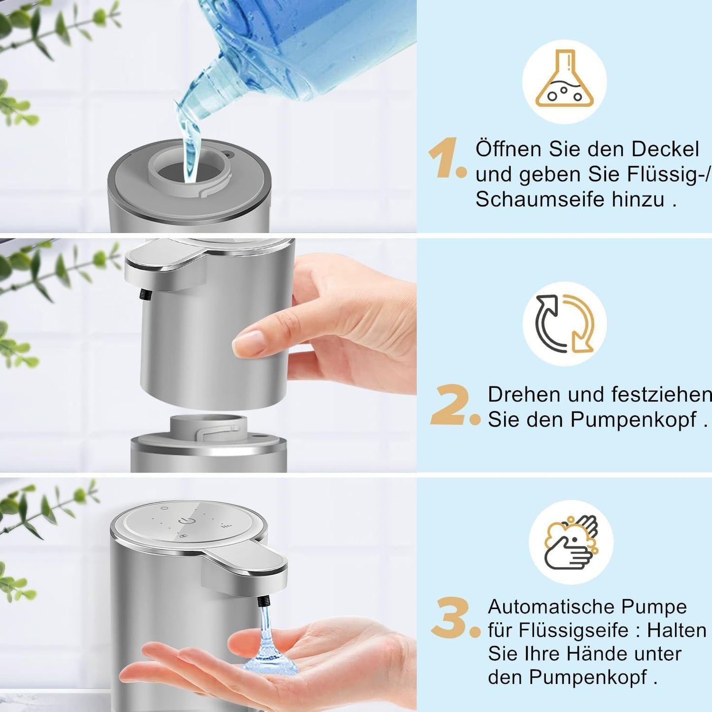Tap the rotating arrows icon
pyautogui.click(x=565, y=324)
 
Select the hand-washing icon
pyautogui.click(x=571, y=542)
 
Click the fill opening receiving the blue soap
pyautogui.click(x=190, y=173)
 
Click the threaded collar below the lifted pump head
pyautogui.click(x=208, y=427)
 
